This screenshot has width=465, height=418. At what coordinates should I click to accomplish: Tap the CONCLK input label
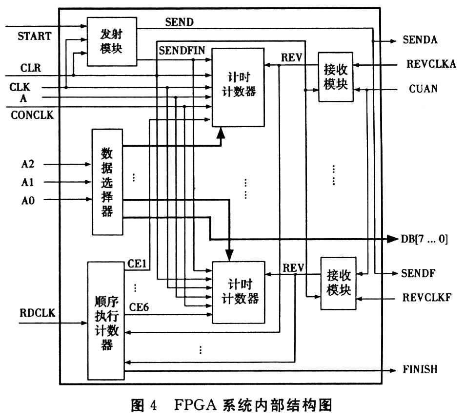coord(32,115)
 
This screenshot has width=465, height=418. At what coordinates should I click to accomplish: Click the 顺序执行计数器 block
coord(105,320)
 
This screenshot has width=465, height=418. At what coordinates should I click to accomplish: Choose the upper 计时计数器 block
coord(238,87)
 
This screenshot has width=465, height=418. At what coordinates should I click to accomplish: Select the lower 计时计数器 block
coord(239,292)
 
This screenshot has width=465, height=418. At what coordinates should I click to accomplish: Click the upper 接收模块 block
coord(336,76)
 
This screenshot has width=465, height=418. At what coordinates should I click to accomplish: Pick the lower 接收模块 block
coord(338,283)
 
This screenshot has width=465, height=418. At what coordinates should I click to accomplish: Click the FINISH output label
coord(420,369)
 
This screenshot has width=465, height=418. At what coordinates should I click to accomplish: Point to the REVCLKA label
coord(431,64)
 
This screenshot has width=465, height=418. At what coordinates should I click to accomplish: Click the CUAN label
coord(423,89)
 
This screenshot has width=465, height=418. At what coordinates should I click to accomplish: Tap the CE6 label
coord(139,307)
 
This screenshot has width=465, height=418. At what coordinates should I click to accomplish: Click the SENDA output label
coord(420,40)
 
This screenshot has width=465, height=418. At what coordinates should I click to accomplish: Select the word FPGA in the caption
coord(191,404)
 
